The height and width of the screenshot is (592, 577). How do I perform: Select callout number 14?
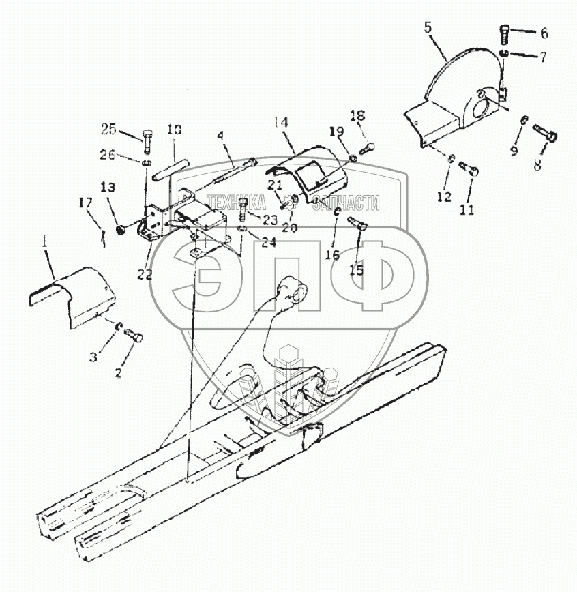point(282,123)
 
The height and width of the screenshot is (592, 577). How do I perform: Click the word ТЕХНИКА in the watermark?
point(237,202)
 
